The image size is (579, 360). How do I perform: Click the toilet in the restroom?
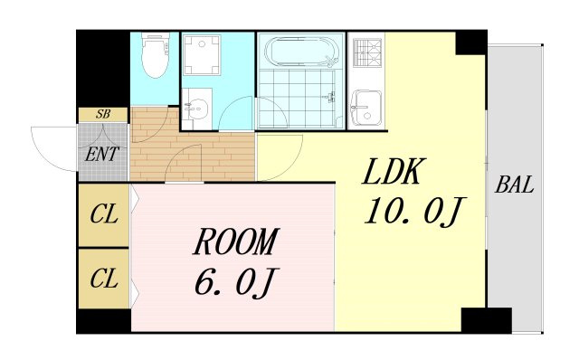point(156,55)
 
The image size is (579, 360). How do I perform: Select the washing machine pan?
point(202,55)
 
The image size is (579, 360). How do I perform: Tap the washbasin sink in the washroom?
point(196,108)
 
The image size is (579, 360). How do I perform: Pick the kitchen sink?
point(366,109)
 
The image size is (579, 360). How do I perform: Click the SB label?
point(103,115)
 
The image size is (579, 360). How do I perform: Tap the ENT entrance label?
point(102,154)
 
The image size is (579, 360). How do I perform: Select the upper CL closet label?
point(104,214)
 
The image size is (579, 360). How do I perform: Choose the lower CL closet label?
point(104,279)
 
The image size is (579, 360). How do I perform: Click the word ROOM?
point(236,242)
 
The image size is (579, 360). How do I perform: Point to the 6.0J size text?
point(236,282)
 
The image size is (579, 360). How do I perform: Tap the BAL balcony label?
point(515,185)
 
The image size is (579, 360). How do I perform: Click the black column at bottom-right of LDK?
point(487,320)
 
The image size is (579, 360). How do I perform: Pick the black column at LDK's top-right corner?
point(471,43)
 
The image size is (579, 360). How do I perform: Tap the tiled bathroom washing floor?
point(298,99)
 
